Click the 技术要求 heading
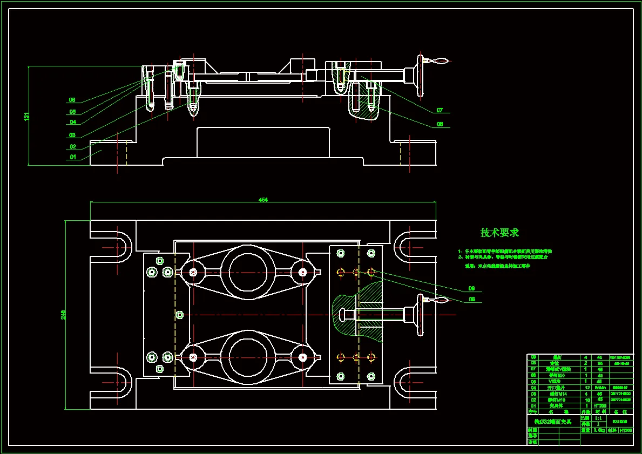click(499, 233)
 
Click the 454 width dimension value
click(263, 200)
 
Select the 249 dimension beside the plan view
click(63, 314)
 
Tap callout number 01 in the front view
click(72, 158)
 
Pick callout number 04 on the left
click(72, 123)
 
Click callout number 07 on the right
click(440, 111)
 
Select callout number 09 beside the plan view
click(471, 288)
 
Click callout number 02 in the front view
click(72, 147)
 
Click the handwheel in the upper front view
click(420, 75)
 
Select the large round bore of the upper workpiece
click(247, 271)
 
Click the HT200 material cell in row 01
click(600, 405)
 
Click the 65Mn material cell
click(599, 387)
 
